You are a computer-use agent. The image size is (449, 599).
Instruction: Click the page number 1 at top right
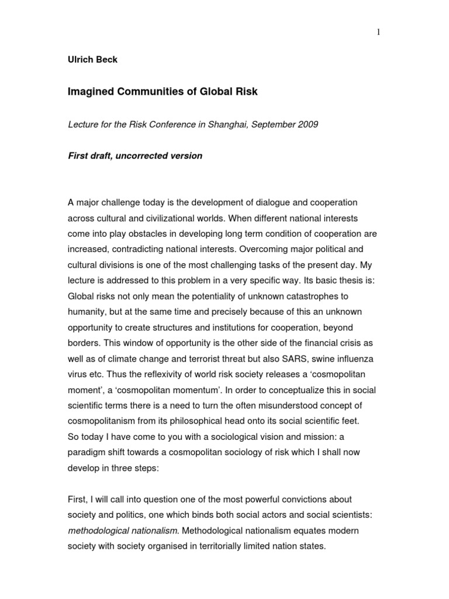click(x=378, y=32)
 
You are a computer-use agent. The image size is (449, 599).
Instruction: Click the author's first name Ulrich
click(x=81, y=60)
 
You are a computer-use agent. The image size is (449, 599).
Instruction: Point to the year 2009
click(x=306, y=126)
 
